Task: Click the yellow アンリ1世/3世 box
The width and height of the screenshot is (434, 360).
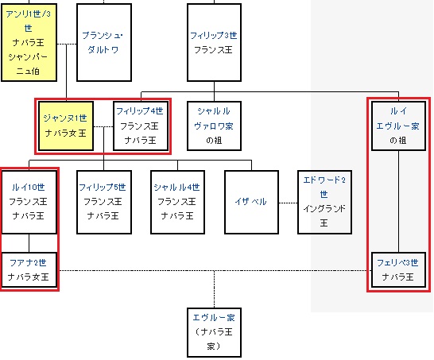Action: pos(29,42)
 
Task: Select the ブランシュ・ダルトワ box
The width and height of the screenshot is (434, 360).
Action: pos(104,42)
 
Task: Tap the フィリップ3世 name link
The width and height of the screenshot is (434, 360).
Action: pos(213,36)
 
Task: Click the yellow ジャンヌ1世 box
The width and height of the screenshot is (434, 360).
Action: pos(66,126)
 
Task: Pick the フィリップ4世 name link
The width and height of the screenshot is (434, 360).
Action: pos(140,111)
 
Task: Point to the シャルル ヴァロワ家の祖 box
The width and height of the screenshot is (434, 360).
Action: pos(214,126)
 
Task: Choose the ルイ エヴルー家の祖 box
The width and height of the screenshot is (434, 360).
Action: pos(398,126)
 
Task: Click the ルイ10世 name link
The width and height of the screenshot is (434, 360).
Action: pos(29,187)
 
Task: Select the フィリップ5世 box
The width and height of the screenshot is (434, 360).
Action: pos(104,203)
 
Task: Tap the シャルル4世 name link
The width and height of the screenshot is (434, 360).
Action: pos(177,187)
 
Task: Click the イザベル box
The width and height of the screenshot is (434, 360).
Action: pos(251,203)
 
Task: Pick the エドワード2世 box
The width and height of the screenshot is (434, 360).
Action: pos(324,203)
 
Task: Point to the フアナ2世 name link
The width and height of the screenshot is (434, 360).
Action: pos(29,262)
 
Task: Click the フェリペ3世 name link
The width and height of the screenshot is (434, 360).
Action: pos(397,262)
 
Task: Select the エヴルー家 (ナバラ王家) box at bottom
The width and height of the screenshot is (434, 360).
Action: pos(214,332)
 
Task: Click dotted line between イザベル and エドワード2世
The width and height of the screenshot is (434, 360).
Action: pos(288,203)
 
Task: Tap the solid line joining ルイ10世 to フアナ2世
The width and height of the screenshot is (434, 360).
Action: pos(29,243)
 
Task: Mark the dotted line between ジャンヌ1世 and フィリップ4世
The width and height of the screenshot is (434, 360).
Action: pos(103,126)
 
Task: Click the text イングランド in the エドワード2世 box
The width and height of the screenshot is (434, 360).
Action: pos(324,208)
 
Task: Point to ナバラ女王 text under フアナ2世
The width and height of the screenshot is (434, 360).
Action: pos(29,277)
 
